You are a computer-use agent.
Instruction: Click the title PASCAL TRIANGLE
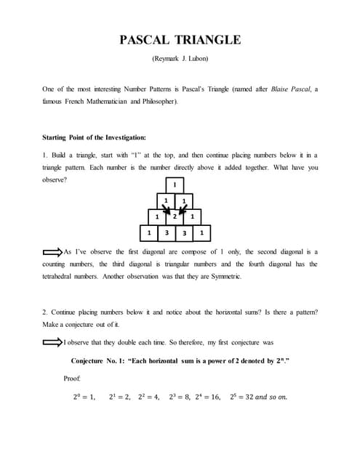click(x=180, y=40)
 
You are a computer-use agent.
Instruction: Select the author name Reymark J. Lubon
click(x=180, y=59)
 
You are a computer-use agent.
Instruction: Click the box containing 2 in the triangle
click(x=175, y=217)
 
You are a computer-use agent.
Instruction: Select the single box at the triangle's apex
click(x=175, y=185)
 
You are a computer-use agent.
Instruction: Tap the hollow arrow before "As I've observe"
click(x=52, y=252)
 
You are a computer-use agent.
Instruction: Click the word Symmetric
click(x=224, y=277)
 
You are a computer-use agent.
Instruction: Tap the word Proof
click(x=72, y=379)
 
